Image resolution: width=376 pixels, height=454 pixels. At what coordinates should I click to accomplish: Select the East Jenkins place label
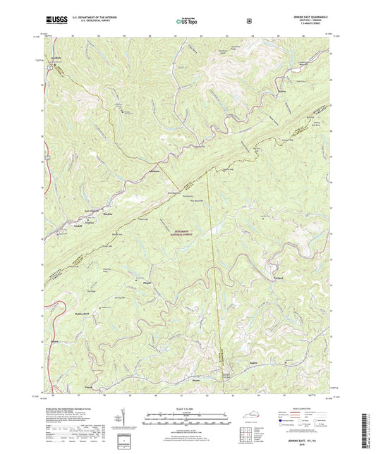[x=92, y=211]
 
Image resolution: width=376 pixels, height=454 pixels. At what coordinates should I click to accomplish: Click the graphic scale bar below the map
[x=188, y=422]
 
